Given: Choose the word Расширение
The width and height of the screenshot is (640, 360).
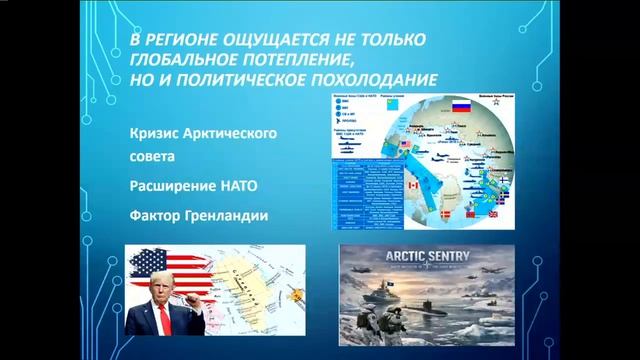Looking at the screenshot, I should pos(171,185).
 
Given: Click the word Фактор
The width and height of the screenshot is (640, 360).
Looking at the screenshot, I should pos(158,213).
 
